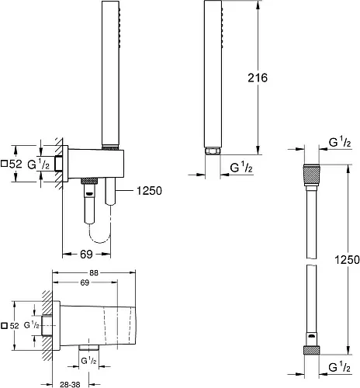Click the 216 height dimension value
pos(258,78)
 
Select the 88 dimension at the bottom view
pos(94,273)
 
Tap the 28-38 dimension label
pos(70,384)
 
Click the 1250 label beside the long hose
pos(347,259)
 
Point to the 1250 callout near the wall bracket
pos(149,191)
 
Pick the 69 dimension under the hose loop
pos(86,254)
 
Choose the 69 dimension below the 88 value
pos(85,282)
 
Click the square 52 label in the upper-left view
pos(12,164)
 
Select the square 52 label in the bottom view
pos(10,326)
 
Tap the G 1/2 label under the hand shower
pos(241,168)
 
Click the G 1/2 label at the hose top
pos(340,142)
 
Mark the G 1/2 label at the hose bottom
pos(340,367)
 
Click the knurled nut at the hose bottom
pos(311,350)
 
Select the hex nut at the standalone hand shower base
pos(213,151)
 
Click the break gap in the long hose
pos(311,262)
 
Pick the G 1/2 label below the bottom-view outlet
pos(88,361)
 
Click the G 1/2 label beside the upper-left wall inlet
pos(38,164)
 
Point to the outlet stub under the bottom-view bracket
pos(89,348)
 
